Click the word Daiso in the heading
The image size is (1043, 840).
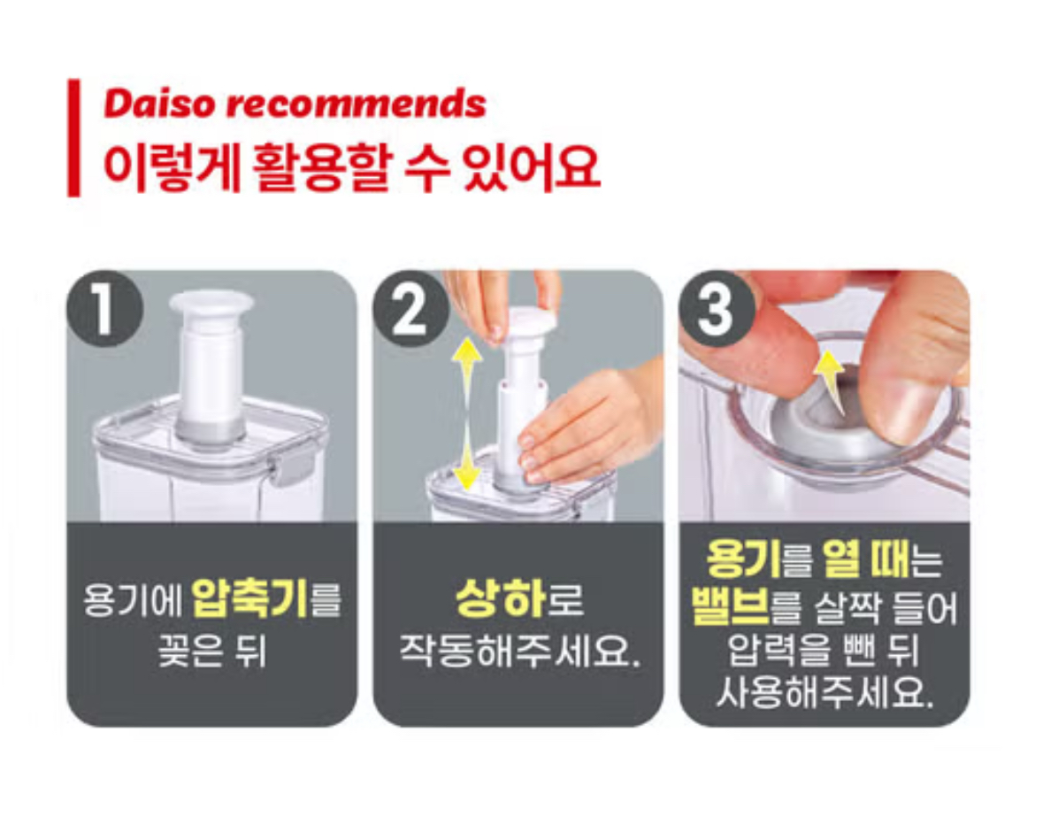pyautogui.click(x=159, y=104)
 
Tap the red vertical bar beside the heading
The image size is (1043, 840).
pyautogui.click(x=73, y=138)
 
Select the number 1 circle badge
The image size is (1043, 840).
pyautogui.click(x=104, y=308)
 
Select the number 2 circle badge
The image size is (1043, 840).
pyautogui.click(x=410, y=308)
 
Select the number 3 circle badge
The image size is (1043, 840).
pyautogui.click(x=717, y=308)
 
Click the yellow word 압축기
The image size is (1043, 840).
pyautogui.click(x=250, y=598)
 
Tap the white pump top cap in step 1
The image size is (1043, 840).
pyautogui.click(x=211, y=304)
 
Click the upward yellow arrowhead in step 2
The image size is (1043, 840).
pyautogui.click(x=468, y=353)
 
